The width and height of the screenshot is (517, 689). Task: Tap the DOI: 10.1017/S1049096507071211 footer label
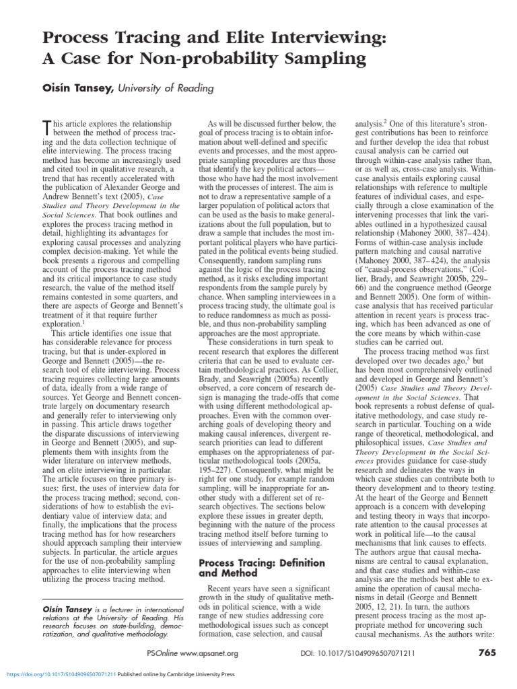click(355, 653)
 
